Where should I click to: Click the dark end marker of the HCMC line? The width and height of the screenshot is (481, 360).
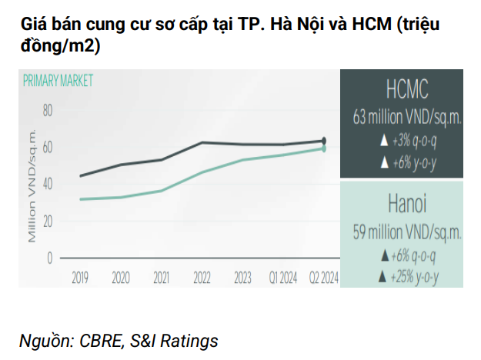[324, 141]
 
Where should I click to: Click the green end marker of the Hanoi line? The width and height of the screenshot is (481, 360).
[324, 148]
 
